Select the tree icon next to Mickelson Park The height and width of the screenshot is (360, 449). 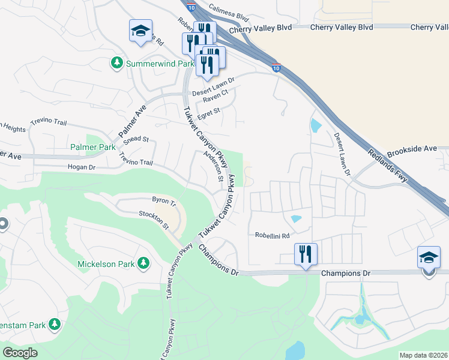[x=143, y=263]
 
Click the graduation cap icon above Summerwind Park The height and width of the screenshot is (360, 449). [x=140, y=31]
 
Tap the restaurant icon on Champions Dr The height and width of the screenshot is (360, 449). [x=306, y=254]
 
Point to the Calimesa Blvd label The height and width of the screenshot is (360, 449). [x=229, y=13]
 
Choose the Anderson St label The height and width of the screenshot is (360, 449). [x=214, y=166]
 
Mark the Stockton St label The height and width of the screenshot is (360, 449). [x=154, y=220]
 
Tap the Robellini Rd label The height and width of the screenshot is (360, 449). [x=272, y=235]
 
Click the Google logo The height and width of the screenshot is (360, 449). [x=20, y=353]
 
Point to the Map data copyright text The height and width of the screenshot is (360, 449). [x=423, y=355]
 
